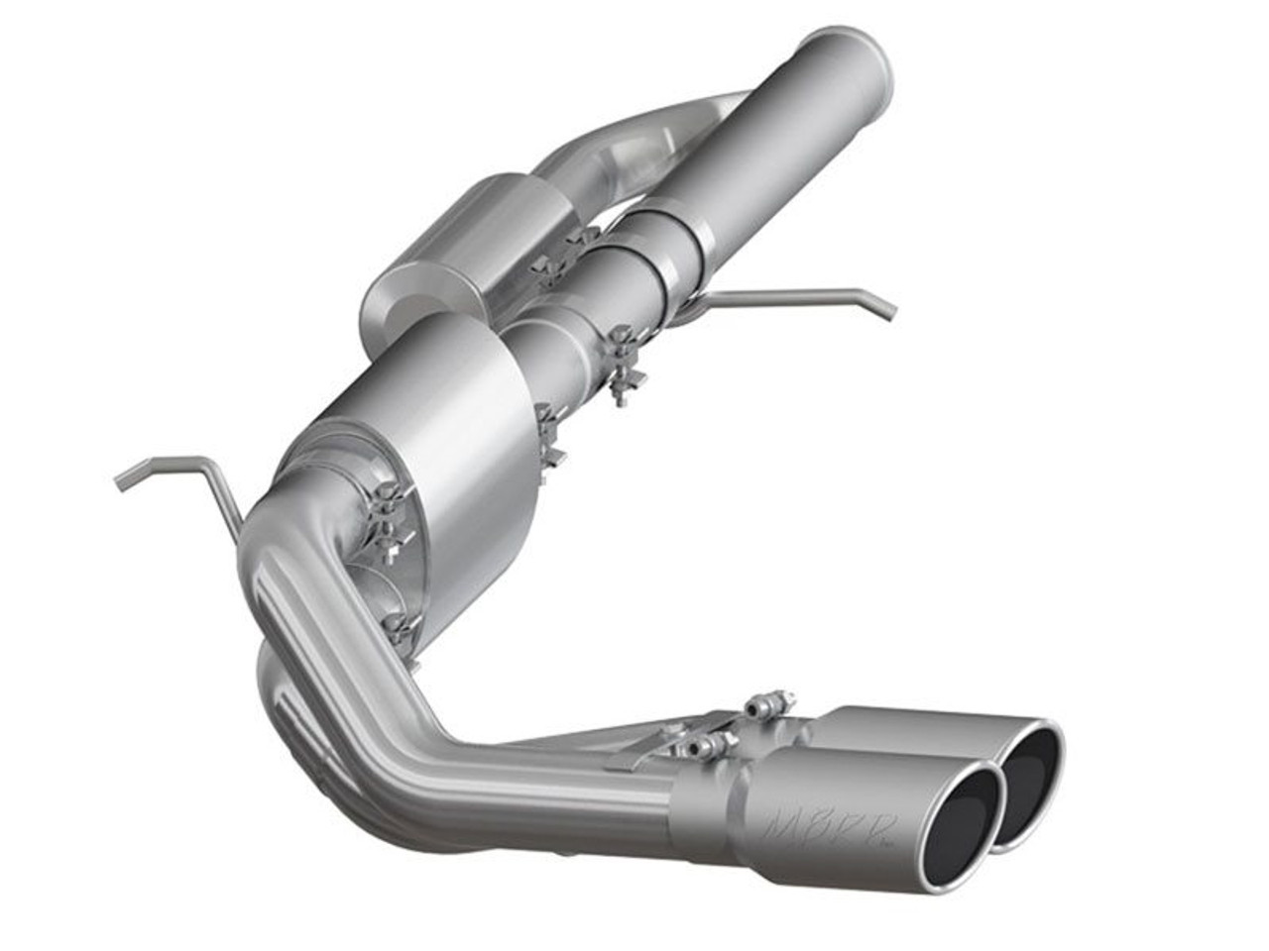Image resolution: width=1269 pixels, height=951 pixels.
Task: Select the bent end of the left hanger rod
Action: point(129,475)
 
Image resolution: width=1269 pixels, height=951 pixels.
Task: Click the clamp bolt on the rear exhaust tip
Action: point(768,705)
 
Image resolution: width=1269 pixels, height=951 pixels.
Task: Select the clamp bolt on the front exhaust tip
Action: point(706,745)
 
